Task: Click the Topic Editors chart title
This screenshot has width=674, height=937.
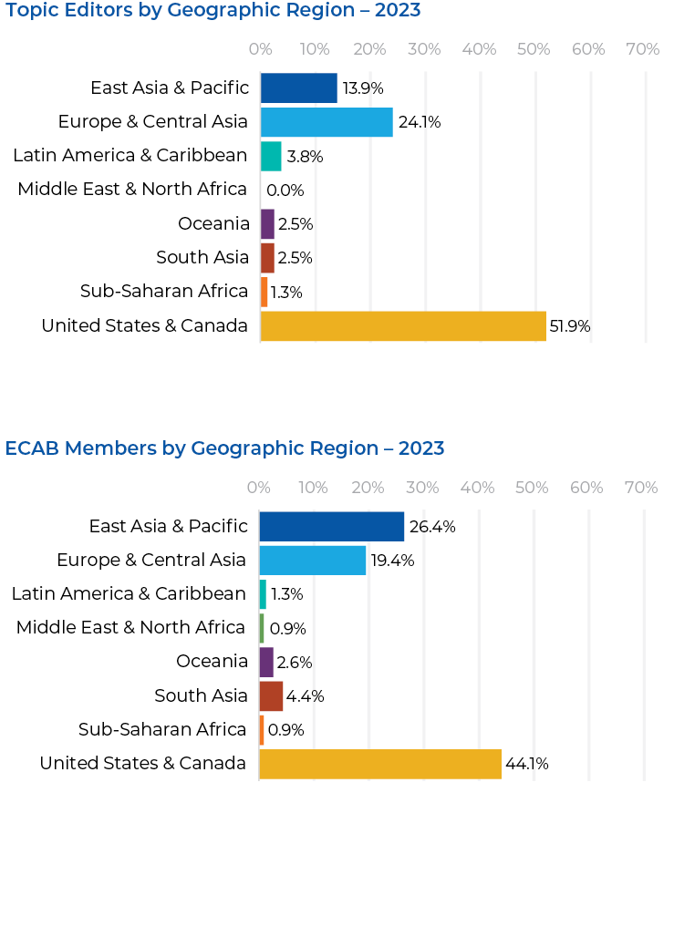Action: click(x=213, y=11)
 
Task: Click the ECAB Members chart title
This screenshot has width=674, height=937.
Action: click(x=224, y=448)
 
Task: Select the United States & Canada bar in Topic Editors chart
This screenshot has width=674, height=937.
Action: click(x=403, y=326)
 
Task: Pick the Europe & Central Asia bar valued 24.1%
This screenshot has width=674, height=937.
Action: click(x=327, y=122)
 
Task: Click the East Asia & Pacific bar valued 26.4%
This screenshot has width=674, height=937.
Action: click(x=332, y=527)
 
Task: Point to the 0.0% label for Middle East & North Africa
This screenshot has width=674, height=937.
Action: click(x=285, y=190)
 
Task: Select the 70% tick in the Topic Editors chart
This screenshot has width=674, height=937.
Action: click(x=643, y=49)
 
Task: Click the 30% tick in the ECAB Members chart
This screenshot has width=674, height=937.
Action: click(x=422, y=488)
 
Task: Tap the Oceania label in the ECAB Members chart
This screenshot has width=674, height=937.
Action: click(x=212, y=662)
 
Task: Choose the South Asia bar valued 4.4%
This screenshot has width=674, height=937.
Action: click(x=271, y=696)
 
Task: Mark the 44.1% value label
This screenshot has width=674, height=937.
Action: click(x=527, y=764)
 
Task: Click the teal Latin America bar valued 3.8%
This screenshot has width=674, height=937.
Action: click(x=271, y=156)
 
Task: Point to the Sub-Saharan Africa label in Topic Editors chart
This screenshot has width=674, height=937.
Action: click(x=164, y=292)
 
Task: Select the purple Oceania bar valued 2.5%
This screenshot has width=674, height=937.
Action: click(x=267, y=224)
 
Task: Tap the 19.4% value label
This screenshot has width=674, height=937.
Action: click(x=392, y=561)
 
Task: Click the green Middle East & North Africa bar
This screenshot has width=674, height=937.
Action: click(x=262, y=628)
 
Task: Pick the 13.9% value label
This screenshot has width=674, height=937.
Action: click(x=363, y=89)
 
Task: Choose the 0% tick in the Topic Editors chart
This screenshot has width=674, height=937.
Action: click(x=261, y=49)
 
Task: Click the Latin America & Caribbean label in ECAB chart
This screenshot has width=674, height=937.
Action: click(x=129, y=594)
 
